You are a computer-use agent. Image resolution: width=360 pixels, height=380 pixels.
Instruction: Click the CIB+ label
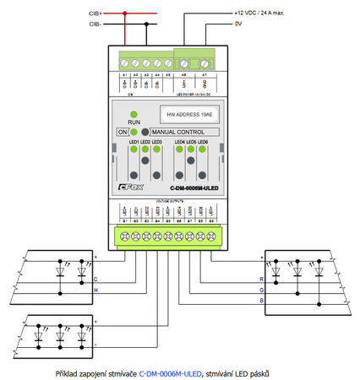point(95,14)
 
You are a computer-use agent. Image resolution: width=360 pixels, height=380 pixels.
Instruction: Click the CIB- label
point(95,24)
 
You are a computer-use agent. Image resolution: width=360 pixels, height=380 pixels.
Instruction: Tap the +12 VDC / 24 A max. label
point(265,14)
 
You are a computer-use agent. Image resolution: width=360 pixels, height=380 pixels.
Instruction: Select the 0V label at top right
point(239,24)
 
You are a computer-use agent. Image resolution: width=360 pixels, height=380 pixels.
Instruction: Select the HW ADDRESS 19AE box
point(185,111)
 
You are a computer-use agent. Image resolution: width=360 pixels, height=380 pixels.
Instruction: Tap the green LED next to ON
point(133,132)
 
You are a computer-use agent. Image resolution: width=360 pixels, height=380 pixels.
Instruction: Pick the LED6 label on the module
point(203,142)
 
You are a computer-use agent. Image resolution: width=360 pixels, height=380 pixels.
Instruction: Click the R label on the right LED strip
point(261,278)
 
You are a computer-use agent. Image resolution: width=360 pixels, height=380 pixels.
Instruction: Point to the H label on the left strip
point(95,290)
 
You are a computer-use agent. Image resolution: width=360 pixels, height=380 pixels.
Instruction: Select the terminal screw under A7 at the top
point(204,63)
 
